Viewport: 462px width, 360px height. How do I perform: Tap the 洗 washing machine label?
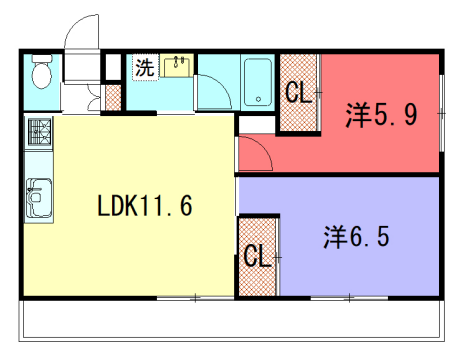[144, 68]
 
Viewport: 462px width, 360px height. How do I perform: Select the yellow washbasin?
[178, 66]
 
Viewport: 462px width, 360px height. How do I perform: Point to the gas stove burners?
[40, 133]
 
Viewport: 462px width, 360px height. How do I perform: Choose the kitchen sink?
[40, 196]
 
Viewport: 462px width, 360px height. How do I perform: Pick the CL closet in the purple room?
[257, 256]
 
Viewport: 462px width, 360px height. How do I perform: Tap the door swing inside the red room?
[252, 153]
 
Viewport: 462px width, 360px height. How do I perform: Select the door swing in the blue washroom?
[212, 92]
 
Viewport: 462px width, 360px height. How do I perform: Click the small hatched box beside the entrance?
[113, 99]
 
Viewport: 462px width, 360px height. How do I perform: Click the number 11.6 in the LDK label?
[166, 208]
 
